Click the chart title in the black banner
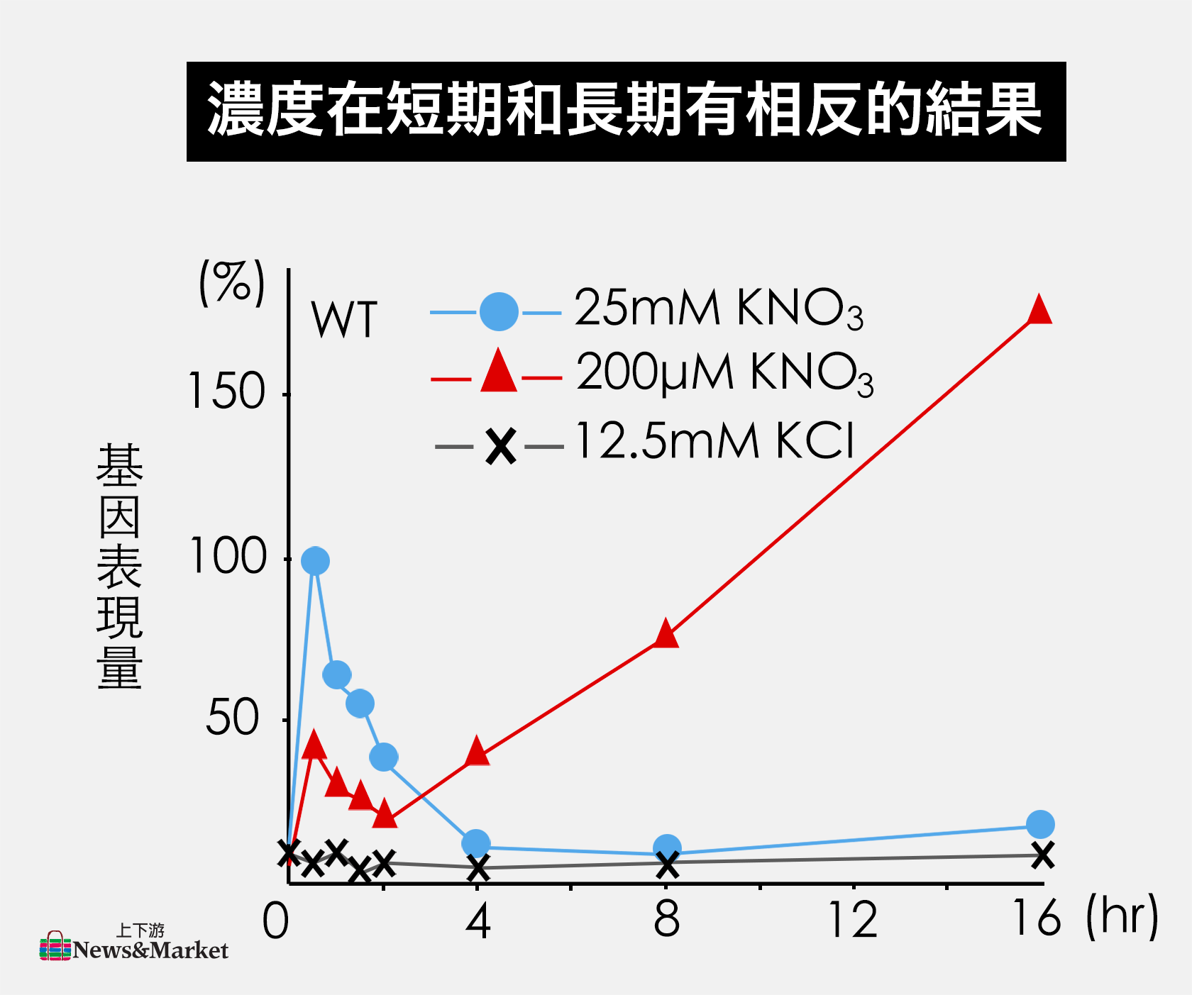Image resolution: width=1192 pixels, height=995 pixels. pyautogui.click(x=626, y=111)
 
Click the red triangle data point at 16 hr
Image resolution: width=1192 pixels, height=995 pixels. pyautogui.click(x=1039, y=311)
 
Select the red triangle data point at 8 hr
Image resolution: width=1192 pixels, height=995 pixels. pyautogui.click(x=666, y=634)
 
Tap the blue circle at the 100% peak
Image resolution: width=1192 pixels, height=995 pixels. pyautogui.click(x=315, y=561)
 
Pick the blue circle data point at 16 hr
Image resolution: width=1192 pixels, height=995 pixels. pyautogui.click(x=1040, y=824)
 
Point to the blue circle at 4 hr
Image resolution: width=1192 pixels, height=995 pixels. pyautogui.click(x=476, y=843)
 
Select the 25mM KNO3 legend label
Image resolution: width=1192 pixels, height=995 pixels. pyautogui.click(x=718, y=309)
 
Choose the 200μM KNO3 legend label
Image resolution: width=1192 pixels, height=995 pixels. pyautogui.click(x=724, y=373)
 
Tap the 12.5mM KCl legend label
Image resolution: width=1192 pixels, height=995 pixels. pyautogui.click(x=714, y=441)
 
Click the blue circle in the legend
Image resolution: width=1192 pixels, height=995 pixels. pyautogui.click(x=499, y=311)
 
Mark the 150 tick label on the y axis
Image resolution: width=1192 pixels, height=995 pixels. pyautogui.click(x=226, y=391)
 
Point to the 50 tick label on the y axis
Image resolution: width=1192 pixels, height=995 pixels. pyautogui.click(x=233, y=718)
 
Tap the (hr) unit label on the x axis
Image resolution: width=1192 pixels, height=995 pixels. pyautogui.click(x=1121, y=916)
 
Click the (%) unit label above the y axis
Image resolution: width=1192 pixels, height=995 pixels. pyautogui.click(x=232, y=283)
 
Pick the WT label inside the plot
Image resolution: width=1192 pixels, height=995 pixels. pyautogui.click(x=344, y=321)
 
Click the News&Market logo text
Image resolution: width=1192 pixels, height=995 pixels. pyautogui.click(x=150, y=950)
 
